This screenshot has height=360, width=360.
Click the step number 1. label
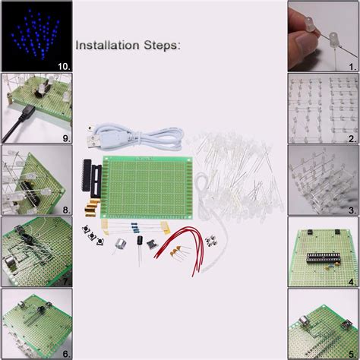pos(352,66)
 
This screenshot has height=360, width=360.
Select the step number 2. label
pos(352,139)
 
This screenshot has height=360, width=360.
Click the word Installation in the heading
pos(111,46)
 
